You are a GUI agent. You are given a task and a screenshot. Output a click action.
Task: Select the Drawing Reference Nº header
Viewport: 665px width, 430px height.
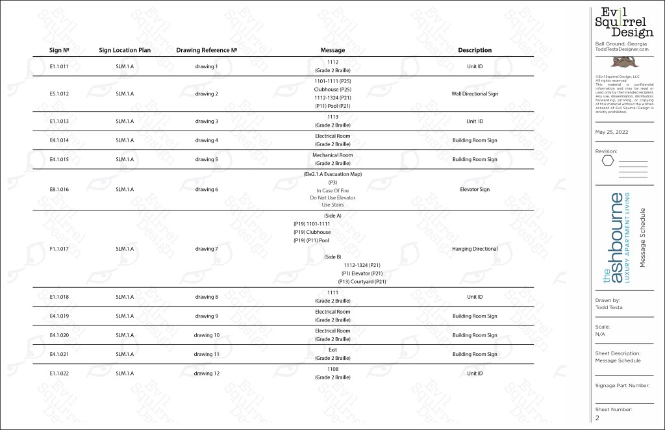(x=206, y=50)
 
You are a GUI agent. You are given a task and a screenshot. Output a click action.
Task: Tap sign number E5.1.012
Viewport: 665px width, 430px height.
(x=58, y=94)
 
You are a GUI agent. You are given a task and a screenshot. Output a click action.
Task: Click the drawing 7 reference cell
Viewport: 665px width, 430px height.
(x=207, y=249)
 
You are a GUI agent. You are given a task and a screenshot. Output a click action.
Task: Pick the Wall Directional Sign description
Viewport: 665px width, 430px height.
(x=475, y=94)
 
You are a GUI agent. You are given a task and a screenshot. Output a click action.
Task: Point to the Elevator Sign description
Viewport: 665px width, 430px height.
(x=475, y=190)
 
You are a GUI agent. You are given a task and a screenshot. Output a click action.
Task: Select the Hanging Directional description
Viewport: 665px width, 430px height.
(x=475, y=249)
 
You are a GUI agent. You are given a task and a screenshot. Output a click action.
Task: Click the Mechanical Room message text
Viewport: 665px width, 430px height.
(x=332, y=155)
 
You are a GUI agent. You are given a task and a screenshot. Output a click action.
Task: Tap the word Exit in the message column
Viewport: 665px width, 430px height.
(x=332, y=350)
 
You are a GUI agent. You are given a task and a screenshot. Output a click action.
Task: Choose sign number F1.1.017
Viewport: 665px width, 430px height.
(x=58, y=249)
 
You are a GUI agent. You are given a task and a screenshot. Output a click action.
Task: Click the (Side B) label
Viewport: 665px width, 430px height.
(x=332, y=257)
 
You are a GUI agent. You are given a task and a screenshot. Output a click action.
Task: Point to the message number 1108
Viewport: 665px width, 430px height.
(x=332, y=369)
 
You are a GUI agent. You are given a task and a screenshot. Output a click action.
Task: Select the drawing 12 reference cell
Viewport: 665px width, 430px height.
(x=207, y=373)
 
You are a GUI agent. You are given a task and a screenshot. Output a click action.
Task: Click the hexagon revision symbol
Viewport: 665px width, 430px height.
(x=609, y=160)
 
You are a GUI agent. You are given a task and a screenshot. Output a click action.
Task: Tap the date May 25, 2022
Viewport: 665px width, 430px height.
(x=609, y=131)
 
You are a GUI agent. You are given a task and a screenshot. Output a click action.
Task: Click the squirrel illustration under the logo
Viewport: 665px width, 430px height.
(x=624, y=61)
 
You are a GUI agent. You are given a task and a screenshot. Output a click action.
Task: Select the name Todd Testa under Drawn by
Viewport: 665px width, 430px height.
(x=608, y=307)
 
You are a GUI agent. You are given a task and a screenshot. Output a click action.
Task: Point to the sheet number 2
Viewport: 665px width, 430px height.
(x=597, y=418)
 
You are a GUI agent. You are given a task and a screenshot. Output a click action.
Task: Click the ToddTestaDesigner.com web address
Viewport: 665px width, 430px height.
(x=622, y=49)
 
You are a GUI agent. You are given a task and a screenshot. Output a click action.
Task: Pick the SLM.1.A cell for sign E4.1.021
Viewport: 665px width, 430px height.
(x=125, y=354)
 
